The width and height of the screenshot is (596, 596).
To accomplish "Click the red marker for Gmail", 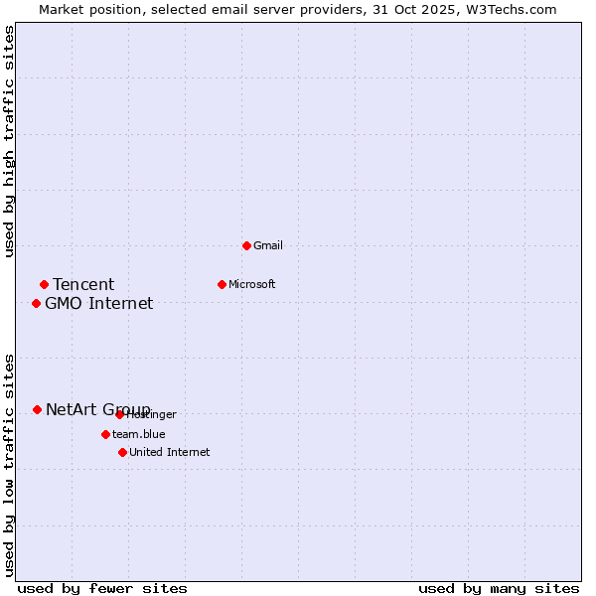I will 246,245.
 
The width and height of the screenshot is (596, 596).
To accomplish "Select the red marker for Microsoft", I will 222,284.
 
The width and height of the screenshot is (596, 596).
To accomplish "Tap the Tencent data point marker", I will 44,285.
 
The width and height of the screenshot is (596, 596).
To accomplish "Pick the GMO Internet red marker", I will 36,303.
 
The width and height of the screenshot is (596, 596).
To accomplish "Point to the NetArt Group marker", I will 37,409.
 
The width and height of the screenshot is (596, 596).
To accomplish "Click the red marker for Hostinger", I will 119,414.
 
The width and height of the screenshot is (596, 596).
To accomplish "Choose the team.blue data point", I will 105,434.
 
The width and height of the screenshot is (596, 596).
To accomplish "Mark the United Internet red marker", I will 122,452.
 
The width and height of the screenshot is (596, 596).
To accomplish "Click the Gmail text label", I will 268,245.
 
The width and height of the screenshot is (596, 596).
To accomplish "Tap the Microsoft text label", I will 252,284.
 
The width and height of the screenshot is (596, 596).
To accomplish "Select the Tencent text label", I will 83,285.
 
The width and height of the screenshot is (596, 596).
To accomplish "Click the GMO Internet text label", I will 99,304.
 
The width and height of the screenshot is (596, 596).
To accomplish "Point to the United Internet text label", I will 170,452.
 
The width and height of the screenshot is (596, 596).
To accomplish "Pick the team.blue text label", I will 139,434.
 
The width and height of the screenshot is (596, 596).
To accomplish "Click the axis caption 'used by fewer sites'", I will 102,588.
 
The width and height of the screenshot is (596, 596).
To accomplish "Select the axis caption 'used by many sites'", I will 499,588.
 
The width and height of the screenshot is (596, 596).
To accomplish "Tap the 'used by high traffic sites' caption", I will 9,142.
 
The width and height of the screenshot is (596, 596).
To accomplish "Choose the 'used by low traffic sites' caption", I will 9,465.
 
